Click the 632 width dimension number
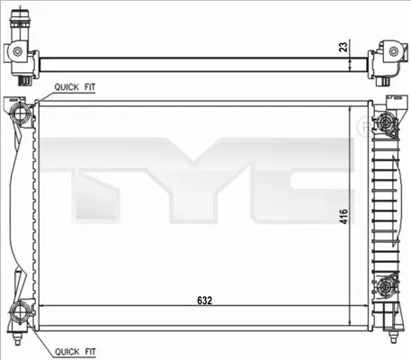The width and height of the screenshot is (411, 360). [x=205, y=301]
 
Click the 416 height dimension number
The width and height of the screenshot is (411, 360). [x=344, y=216]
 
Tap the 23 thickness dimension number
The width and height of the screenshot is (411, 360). [x=344, y=46]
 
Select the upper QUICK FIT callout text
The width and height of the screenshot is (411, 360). [x=75, y=87]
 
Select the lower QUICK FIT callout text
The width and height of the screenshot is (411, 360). [x=75, y=351]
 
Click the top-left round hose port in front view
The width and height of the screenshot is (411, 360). [x=20, y=113]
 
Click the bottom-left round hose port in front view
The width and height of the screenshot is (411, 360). [x=19, y=312]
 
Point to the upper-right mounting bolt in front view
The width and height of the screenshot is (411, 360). [x=385, y=122]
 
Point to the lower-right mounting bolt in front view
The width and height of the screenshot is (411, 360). [x=385, y=287]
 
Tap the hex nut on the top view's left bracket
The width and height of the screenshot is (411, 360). [x=18, y=51]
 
